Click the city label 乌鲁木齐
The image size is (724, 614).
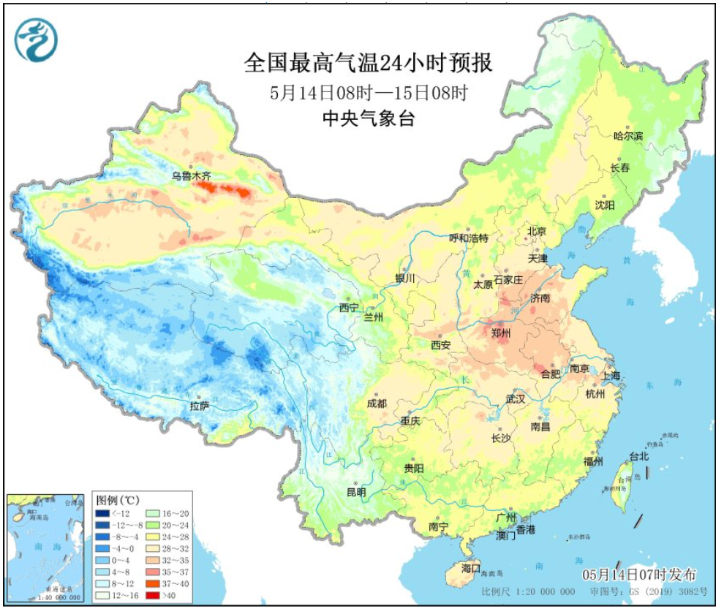click(191, 175)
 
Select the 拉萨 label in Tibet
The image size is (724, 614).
click(200, 406)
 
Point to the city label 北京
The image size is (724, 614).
click(537, 232)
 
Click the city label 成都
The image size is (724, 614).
click(378, 403)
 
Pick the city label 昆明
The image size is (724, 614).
click(356, 492)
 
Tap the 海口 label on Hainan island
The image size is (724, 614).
click(472, 567)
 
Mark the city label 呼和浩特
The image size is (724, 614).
click(468, 238)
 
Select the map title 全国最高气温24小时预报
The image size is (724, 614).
click(368, 64)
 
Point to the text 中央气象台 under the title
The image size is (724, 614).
click(368, 118)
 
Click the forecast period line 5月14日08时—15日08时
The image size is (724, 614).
click(368, 93)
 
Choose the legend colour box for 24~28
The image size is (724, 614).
click(154, 539)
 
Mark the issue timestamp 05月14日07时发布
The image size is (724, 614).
click(639, 575)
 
